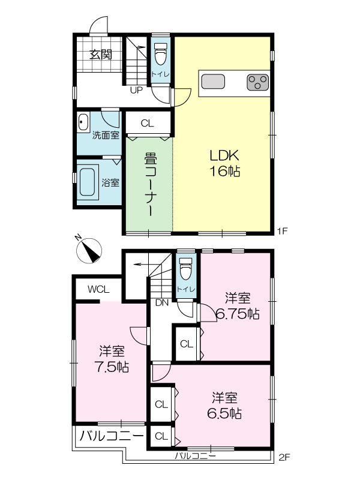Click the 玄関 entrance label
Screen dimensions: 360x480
[x=101, y=55]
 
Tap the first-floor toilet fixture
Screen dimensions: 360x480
[x=161, y=53]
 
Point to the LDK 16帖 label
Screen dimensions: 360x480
[x=224, y=163]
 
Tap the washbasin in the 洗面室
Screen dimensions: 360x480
[x=83, y=123]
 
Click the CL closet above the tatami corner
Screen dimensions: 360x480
[x=147, y=124]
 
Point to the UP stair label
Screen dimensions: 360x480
[x=136, y=91]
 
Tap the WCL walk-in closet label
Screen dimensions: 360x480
[x=98, y=289]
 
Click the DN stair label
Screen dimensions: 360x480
[x=162, y=303]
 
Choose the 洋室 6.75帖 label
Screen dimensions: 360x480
[x=238, y=306]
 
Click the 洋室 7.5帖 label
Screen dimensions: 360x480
[x=112, y=359]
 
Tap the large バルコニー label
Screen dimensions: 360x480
[x=112, y=436]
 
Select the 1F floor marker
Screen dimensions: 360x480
[x=282, y=231]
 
